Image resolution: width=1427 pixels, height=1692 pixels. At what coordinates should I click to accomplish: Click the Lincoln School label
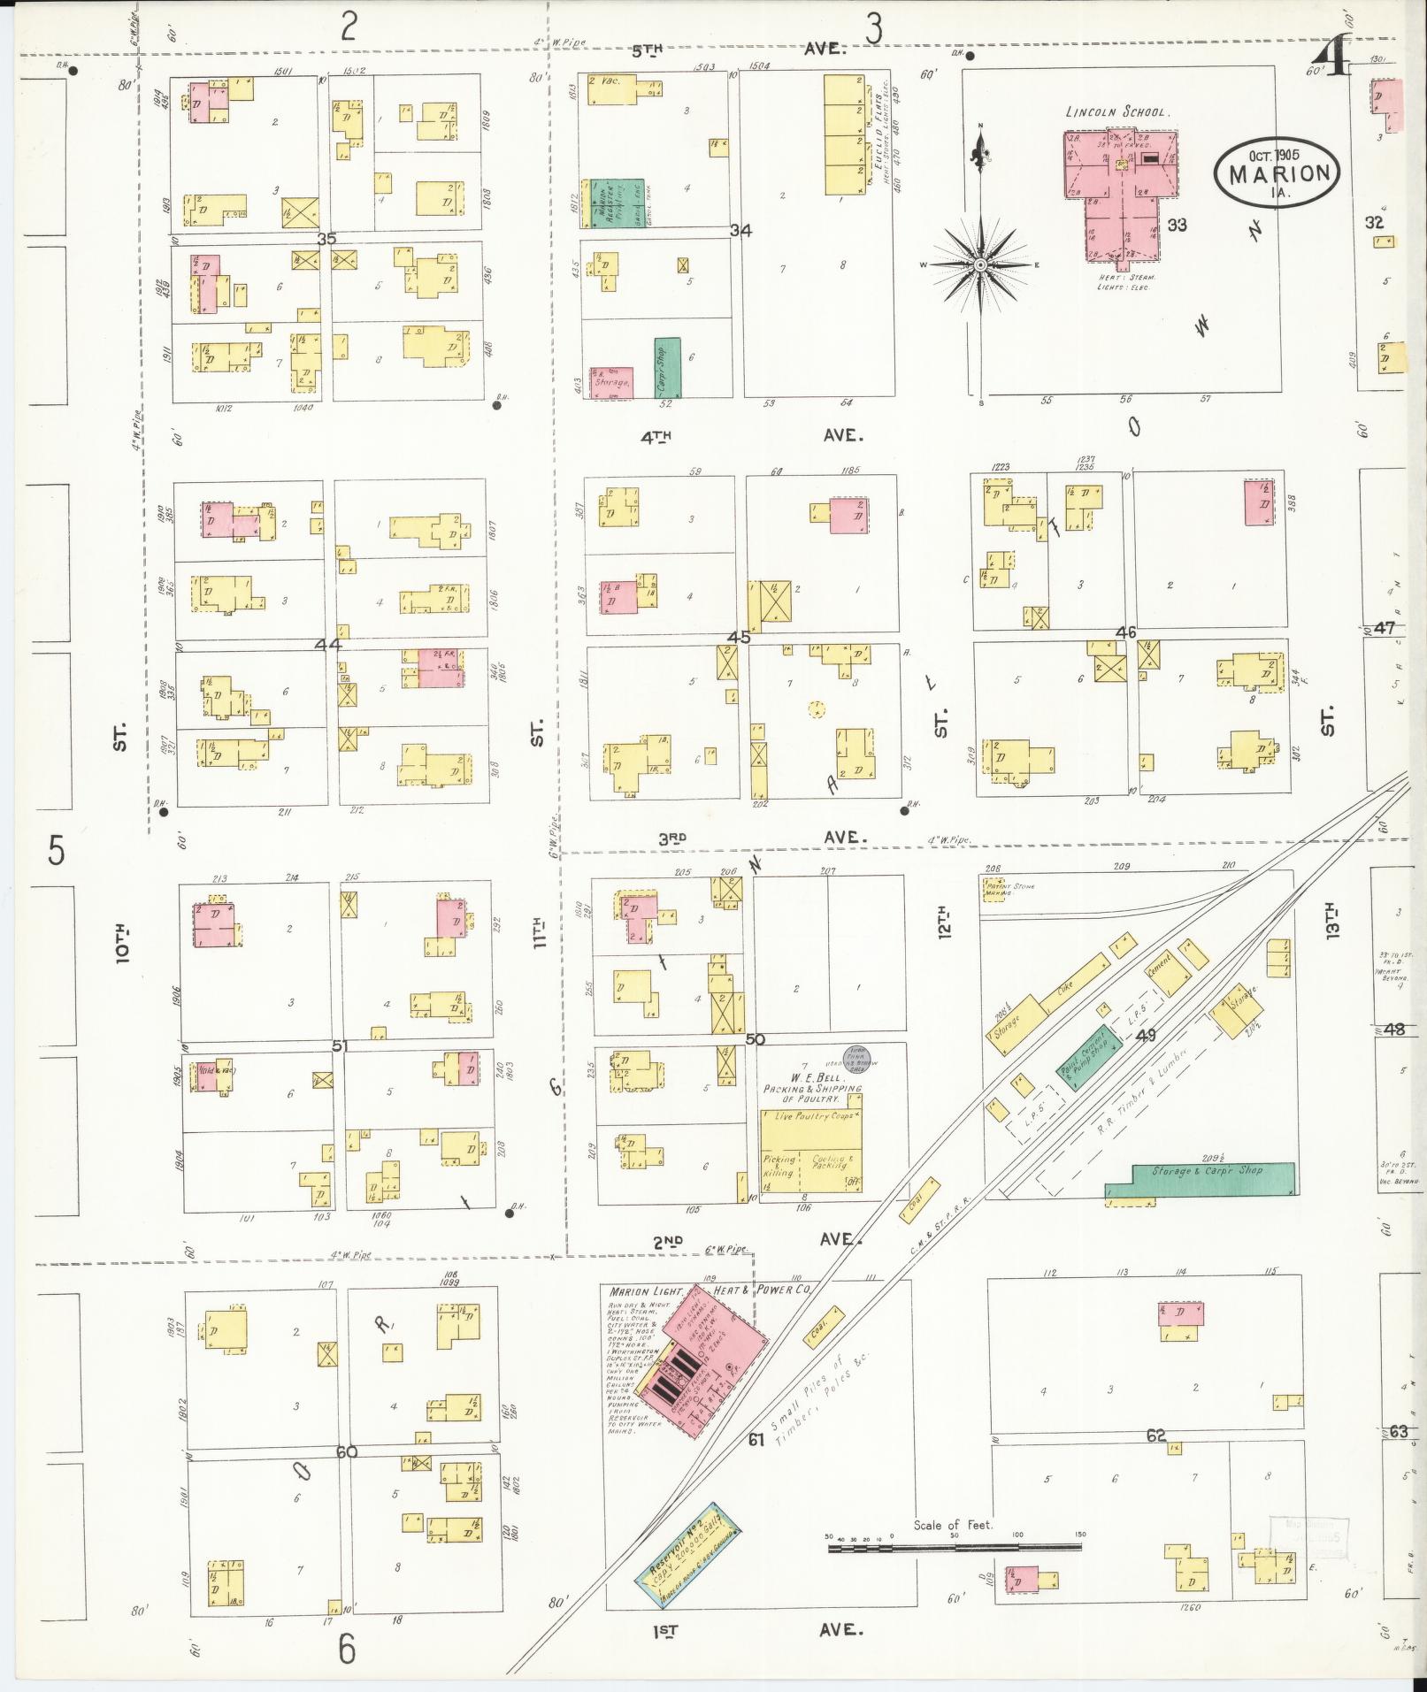(1118, 113)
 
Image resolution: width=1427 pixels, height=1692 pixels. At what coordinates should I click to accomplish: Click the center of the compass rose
(980, 264)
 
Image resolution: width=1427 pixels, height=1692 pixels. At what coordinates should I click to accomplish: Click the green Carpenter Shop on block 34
(668, 367)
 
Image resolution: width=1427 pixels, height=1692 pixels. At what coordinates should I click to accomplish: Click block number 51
(340, 1045)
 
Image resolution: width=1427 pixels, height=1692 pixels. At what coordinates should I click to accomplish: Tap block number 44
(328, 645)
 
